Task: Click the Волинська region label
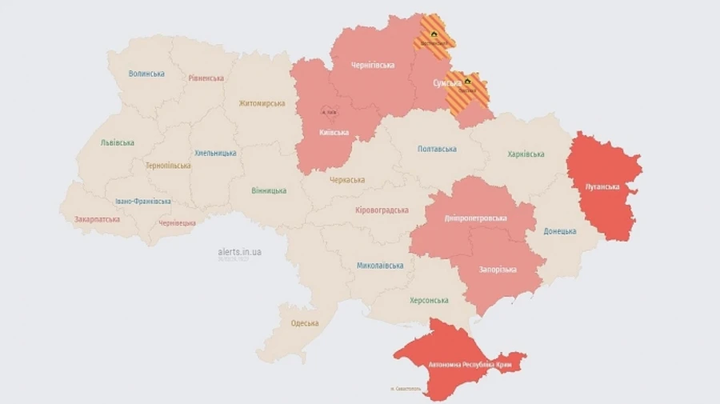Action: click(146, 74)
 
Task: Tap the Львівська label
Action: click(117, 142)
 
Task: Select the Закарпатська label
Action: click(97, 218)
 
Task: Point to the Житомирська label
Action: click(262, 103)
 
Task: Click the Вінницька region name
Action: click(269, 190)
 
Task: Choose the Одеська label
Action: click(304, 323)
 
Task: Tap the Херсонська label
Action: click(429, 300)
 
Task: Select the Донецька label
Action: click(560, 231)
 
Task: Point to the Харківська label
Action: click(526, 154)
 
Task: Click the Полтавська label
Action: click(437, 149)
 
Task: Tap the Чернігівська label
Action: click(373, 65)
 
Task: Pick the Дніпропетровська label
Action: click(475, 218)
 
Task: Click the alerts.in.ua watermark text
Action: click(239, 252)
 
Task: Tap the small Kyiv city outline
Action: click(329, 111)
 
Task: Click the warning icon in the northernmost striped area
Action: click(434, 35)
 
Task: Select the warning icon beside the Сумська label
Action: click(468, 81)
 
